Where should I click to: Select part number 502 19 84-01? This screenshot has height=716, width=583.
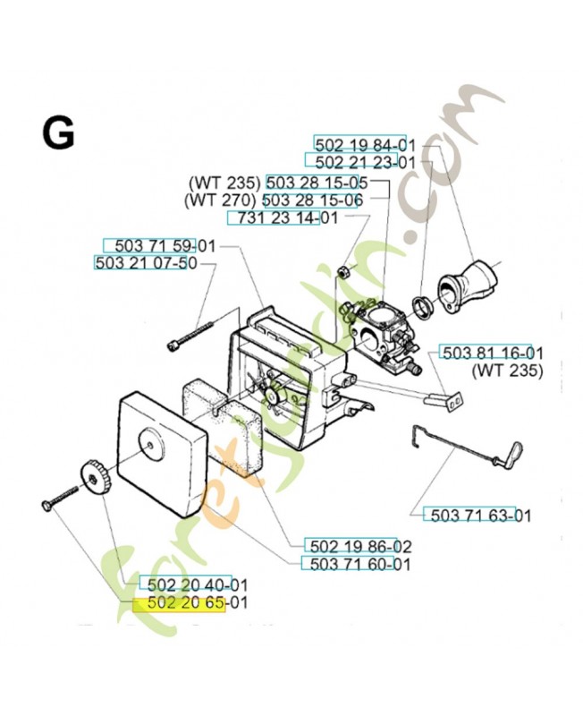click(x=365, y=144)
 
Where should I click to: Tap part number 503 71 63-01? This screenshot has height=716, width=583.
click(x=469, y=515)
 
